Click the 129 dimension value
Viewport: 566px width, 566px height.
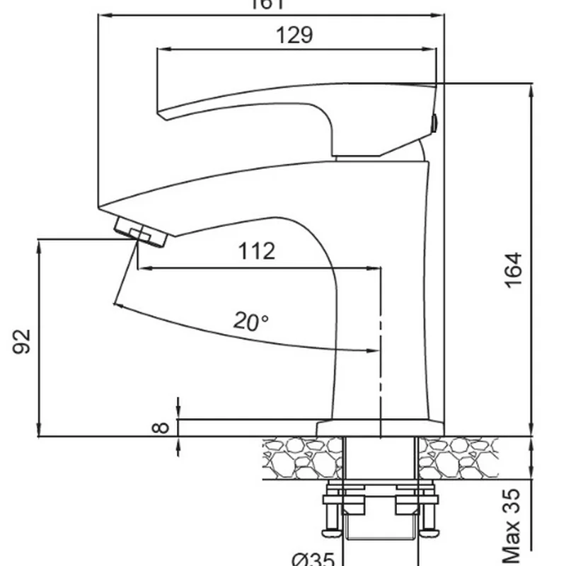click(x=295, y=35)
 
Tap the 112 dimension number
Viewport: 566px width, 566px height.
click(x=256, y=251)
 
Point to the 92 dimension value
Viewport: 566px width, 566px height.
click(x=23, y=341)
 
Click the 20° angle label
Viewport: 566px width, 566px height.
click(x=252, y=322)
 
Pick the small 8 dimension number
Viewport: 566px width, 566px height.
click(x=162, y=427)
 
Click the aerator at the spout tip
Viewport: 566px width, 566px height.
click(x=139, y=232)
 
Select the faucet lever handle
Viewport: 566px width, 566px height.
click(x=297, y=106)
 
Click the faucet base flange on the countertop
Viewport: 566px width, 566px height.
click(x=379, y=428)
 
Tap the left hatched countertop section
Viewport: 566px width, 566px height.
click(x=301, y=458)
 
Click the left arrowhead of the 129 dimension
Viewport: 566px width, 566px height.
click(x=159, y=49)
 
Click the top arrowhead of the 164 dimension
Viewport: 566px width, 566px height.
click(x=530, y=87)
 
